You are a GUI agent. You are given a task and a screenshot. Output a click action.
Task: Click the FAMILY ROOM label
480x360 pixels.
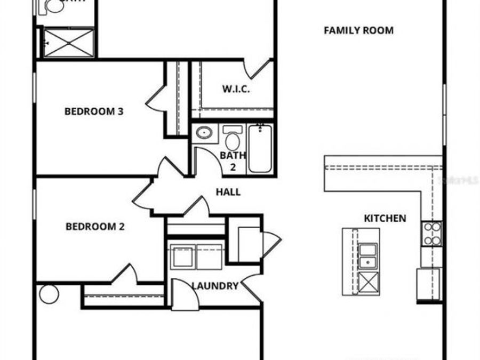coord(358,30)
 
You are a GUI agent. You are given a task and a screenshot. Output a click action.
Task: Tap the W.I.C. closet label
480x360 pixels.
coord(235,89)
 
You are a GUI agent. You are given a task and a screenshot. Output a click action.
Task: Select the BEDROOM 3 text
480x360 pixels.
coord(94,111)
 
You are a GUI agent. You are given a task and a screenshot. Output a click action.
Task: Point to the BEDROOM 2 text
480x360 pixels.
coord(95,227)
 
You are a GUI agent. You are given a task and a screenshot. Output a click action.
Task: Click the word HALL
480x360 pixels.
coord(228,192)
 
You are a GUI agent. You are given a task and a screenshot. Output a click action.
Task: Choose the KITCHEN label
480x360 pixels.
coord(385,218)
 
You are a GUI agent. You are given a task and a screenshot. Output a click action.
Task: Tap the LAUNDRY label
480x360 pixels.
coord(215,286)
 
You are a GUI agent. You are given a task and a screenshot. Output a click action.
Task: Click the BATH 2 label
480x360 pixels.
coord(233,161)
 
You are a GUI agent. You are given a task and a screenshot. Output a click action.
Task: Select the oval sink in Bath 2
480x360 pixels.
coord(203,133)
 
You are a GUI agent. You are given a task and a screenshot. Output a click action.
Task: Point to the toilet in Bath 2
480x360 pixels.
coord(232,139)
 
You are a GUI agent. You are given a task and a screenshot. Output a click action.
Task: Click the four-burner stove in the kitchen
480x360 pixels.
coord(432,234)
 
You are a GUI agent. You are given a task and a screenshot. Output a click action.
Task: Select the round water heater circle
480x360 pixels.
coord(49,294)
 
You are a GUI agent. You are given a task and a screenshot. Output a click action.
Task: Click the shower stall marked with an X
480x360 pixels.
coord(68,42)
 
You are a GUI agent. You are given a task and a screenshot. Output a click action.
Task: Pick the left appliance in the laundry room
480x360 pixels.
coord(182,257)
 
